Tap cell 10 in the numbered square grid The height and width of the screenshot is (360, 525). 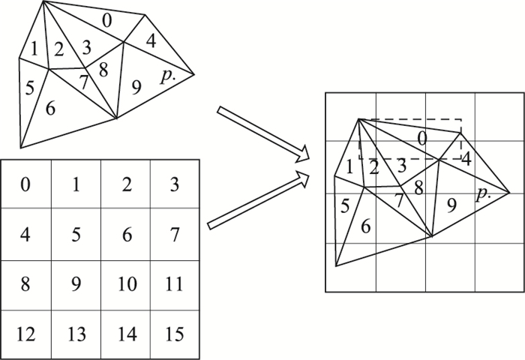[125, 283]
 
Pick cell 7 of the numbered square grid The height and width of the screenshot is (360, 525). [175, 234]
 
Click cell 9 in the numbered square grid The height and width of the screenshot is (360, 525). [76, 283]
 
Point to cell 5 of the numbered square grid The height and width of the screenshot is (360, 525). [76, 234]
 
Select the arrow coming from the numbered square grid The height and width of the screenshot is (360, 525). [259, 199]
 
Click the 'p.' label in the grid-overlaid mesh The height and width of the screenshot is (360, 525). [484, 194]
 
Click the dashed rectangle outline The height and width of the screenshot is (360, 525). [411, 118]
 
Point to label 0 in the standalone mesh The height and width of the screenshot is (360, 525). [107, 20]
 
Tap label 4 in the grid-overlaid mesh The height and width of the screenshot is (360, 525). [466, 159]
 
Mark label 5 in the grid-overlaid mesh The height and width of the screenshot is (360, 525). [344, 205]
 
